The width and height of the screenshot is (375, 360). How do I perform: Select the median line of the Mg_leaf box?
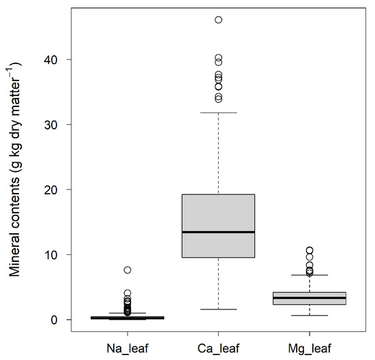coord(309,298)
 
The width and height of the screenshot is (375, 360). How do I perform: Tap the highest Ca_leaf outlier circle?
coord(218,20)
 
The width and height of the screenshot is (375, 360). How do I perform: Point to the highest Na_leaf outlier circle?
coord(127,270)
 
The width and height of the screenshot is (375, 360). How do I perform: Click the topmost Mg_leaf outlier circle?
coord(309,250)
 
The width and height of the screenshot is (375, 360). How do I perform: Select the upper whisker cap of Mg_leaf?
coord(309,275)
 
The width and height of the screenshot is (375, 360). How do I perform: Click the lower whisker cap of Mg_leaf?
coord(309,316)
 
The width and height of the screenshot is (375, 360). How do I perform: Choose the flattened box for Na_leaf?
coord(127,318)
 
